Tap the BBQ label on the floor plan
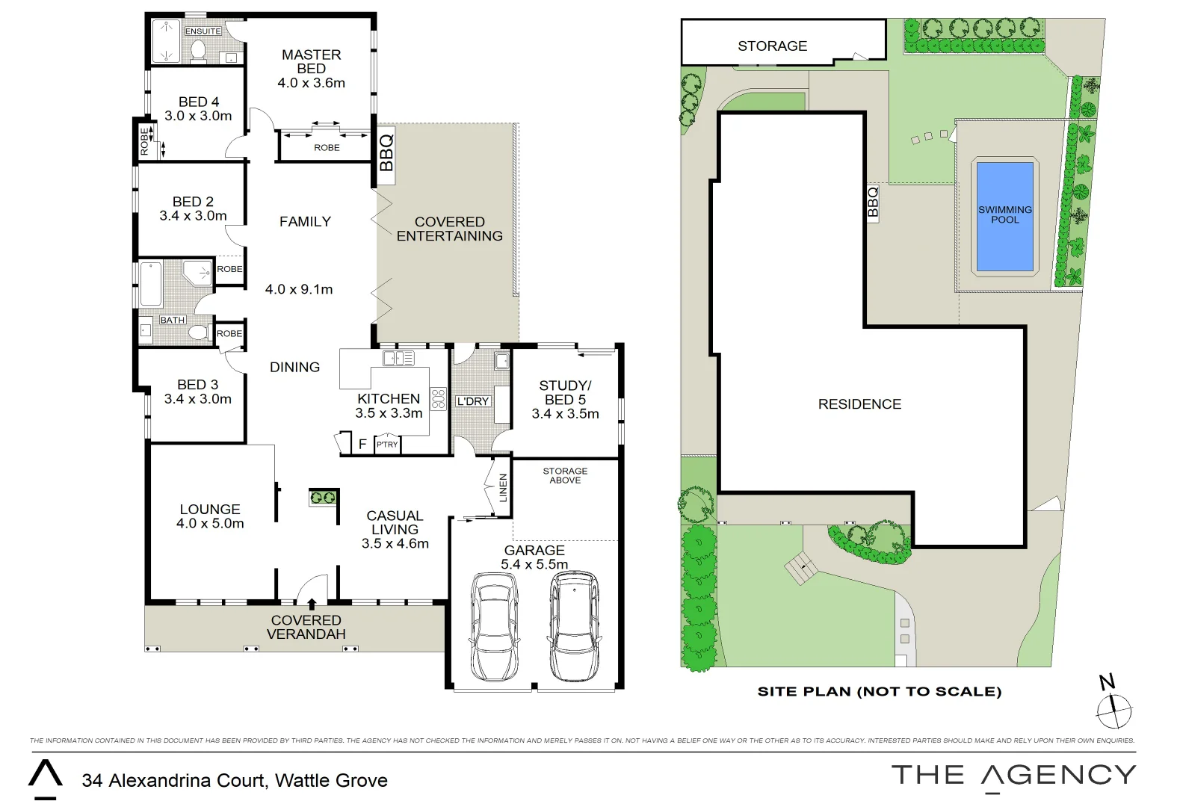pos(386,152)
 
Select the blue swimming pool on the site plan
pos(1005,215)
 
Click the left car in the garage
pos(495,627)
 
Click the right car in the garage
pos(574,625)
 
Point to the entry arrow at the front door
pos(312,602)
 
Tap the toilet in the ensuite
pos(199,50)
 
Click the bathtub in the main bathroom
pos(151,284)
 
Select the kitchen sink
pos(398,359)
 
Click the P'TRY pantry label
pos(387,445)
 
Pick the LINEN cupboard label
pos(503,487)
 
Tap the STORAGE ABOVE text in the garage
pos(565,475)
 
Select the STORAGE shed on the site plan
pos(772,46)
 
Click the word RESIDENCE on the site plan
pos(859,404)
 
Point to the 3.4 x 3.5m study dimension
pos(565,414)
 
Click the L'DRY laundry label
pos(473,401)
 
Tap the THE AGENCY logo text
pos(1013,776)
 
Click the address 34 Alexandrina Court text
pos(235,781)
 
